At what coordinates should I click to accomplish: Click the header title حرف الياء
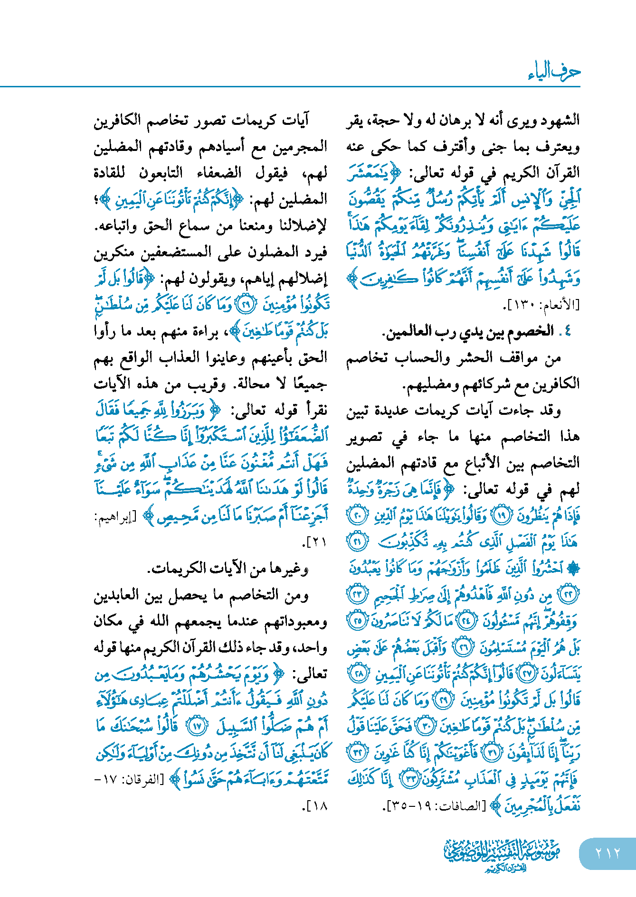click(554, 72)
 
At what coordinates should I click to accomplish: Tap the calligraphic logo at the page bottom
click(502, 855)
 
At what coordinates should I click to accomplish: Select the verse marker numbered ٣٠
click(424, 726)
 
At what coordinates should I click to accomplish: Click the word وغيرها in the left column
click(293, 568)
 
